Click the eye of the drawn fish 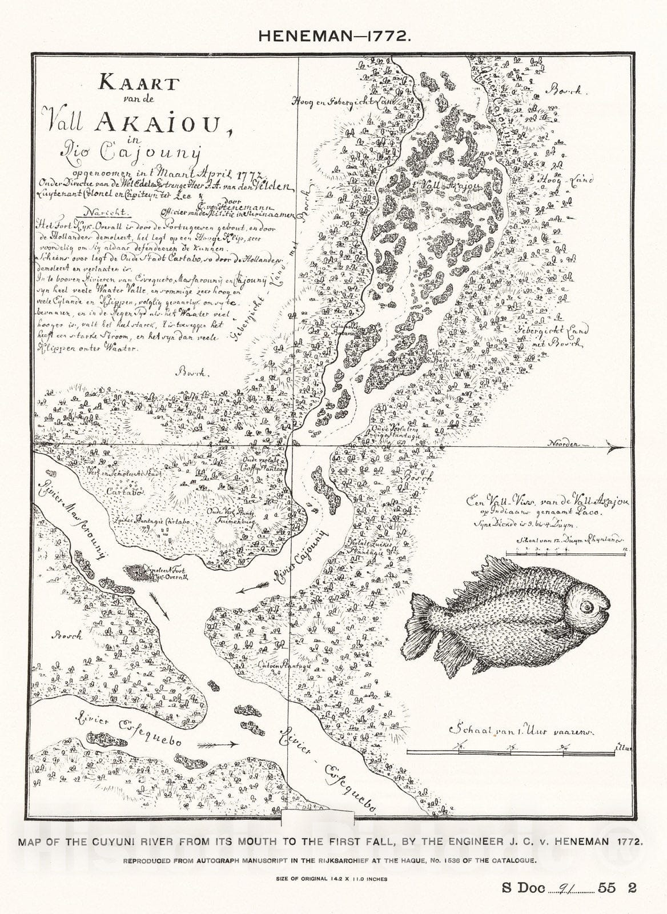click(x=588, y=608)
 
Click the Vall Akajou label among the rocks click(x=444, y=186)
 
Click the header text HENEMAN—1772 click(x=333, y=35)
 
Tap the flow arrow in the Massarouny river click(x=160, y=606)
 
